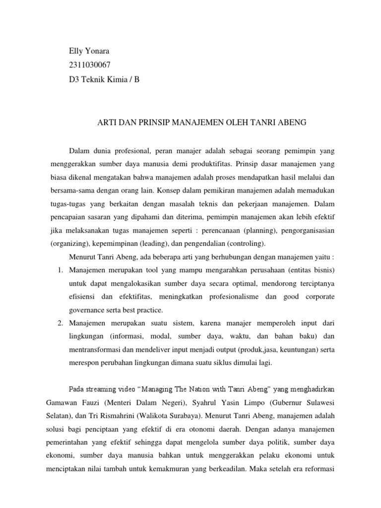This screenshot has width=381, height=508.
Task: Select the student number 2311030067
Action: [x=90, y=64]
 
